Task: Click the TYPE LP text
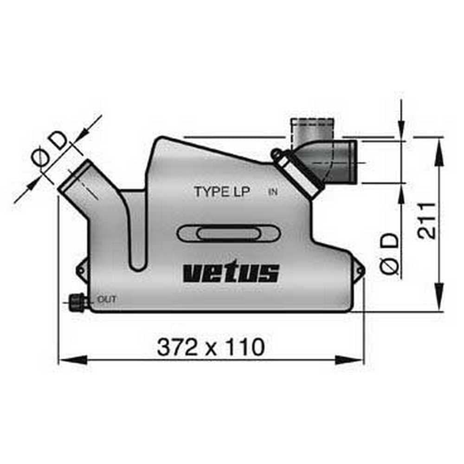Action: point(222,192)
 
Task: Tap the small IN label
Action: point(273,192)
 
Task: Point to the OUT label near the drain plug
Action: point(107,299)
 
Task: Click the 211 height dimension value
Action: point(426,220)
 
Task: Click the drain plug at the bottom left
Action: point(77,303)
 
